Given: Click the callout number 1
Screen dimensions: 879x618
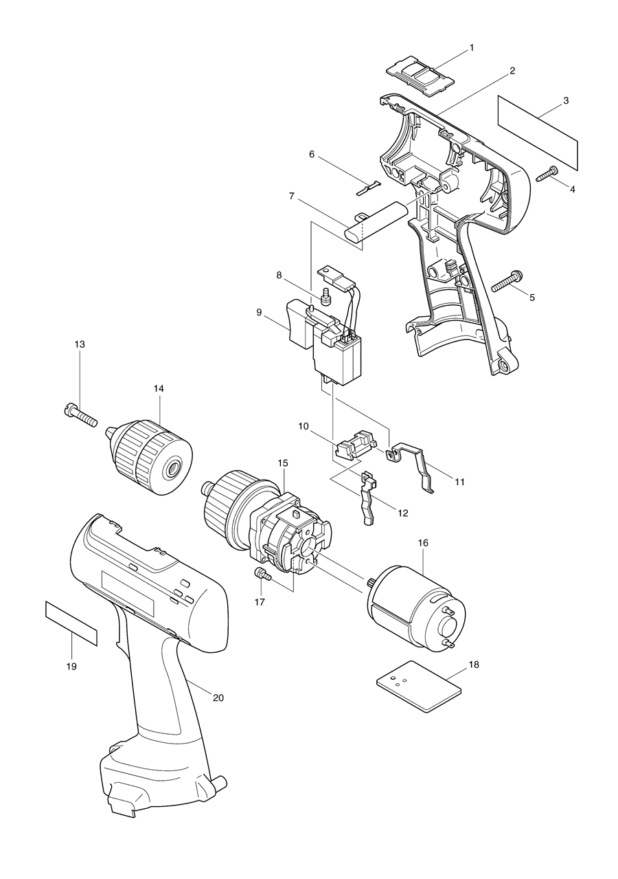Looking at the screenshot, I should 472,47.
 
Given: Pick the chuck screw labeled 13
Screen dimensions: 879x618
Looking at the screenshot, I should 82,414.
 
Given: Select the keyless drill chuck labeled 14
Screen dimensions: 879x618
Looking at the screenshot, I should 152,454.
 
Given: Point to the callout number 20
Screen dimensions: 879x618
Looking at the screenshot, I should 218,698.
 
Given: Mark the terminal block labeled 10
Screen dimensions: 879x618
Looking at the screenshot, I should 356,445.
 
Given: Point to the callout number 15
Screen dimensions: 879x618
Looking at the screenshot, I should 282,463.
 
